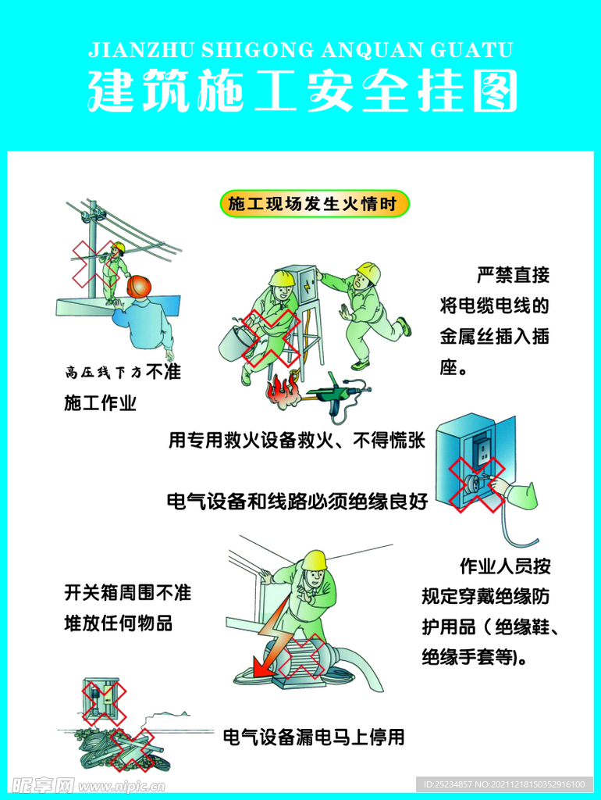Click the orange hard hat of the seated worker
point(139,286)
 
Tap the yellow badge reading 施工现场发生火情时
point(315,204)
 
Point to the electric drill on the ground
point(337,395)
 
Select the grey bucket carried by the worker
point(236,344)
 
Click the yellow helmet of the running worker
point(369,273)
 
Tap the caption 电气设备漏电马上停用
point(314,737)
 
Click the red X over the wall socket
point(477,484)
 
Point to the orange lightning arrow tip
point(255,673)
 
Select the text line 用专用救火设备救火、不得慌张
point(297,441)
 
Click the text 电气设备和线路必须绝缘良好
point(297,502)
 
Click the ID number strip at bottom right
point(504,784)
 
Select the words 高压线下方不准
point(123,372)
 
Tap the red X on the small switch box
point(104,703)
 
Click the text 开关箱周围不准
point(127,592)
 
